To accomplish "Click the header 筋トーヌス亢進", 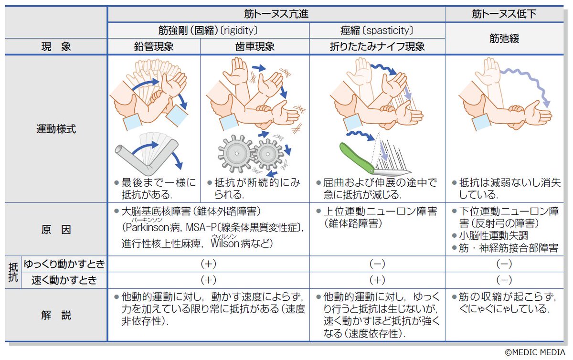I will click(276, 14).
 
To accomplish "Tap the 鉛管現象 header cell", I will click(153, 47).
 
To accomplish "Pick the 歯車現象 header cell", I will click(255, 47).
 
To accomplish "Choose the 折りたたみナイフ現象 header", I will click(377, 47).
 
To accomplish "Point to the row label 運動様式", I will click(56, 128).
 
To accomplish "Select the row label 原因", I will click(56, 229).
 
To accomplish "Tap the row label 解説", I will click(56, 315).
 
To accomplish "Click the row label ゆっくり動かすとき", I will click(64, 264).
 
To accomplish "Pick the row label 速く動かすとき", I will click(64, 280).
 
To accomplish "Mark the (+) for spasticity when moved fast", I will click(377, 280).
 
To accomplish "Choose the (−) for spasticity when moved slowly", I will click(377, 264).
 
